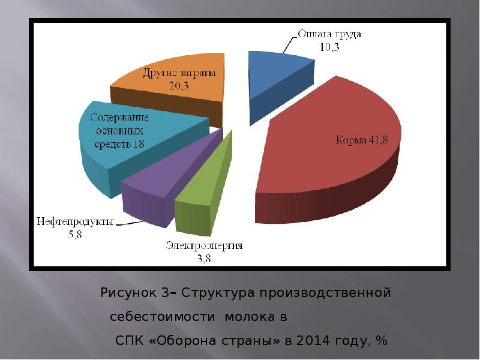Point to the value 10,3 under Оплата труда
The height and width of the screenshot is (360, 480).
coord(328,47)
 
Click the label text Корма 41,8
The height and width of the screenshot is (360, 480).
coord(361,140)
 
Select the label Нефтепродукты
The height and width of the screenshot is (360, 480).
coord(75,221)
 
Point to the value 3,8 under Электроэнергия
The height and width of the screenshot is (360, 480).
coord(205,258)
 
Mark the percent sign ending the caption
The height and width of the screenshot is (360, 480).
coord(381,341)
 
